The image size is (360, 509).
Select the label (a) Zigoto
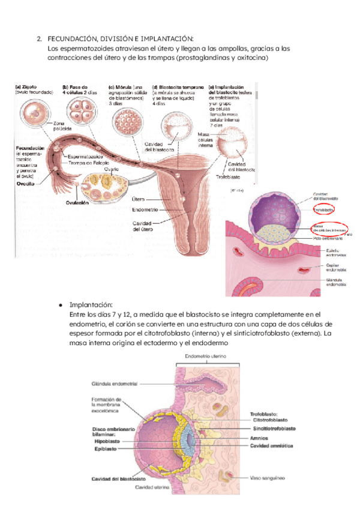click(27, 86)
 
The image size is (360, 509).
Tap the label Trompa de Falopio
click(88, 164)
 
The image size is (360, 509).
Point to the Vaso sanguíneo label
click(268, 478)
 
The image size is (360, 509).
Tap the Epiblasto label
click(106, 448)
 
